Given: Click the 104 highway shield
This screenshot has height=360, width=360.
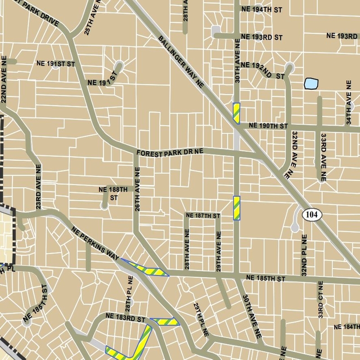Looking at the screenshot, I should coord(312,215).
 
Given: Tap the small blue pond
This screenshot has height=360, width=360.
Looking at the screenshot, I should coord(311,84).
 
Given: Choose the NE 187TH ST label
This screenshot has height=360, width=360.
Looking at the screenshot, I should coord(202,216).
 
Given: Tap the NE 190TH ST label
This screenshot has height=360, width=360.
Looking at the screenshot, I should coord(268,126).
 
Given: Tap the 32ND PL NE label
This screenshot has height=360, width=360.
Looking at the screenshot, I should coord(304,255).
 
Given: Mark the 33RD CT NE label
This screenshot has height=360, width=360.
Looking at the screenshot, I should coord(321,300).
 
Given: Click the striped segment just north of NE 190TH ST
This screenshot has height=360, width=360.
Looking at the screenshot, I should coord(236,113).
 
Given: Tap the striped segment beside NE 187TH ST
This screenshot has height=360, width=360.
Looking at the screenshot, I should coord(236,208).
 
